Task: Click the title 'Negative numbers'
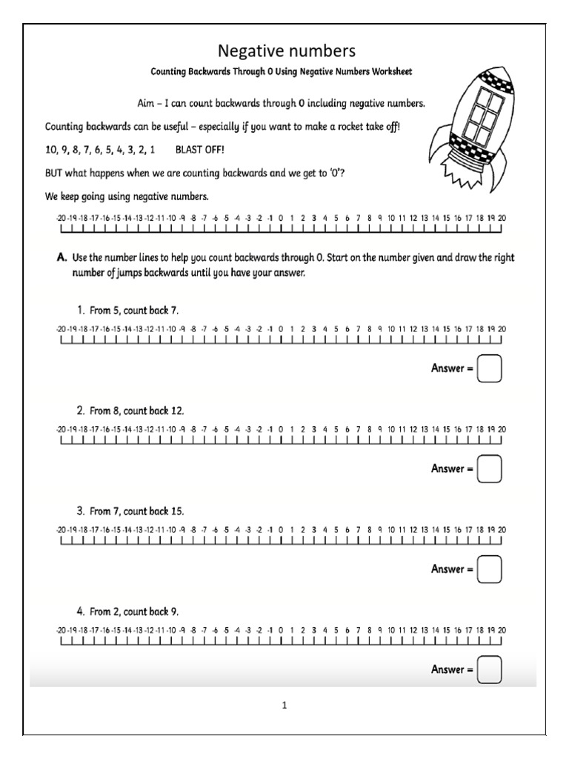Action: click(x=286, y=50)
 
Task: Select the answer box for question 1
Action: click(x=490, y=368)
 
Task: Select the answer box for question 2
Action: click(x=490, y=468)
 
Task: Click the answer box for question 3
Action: click(x=490, y=569)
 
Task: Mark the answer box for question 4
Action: click(x=490, y=669)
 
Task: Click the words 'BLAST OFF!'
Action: click(x=199, y=149)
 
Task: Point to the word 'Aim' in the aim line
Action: click(x=146, y=103)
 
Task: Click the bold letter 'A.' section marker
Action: click(x=63, y=258)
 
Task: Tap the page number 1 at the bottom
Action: click(x=284, y=706)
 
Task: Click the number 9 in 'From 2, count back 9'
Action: click(x=175, y=612)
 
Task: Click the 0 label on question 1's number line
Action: click(x=281, y=328)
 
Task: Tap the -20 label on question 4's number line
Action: click(x=60, y=630)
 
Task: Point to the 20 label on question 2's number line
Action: click(x=502, y=429)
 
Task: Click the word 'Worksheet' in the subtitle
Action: click(x=391, y=72)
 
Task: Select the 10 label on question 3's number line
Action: click(x=391, y=530)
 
